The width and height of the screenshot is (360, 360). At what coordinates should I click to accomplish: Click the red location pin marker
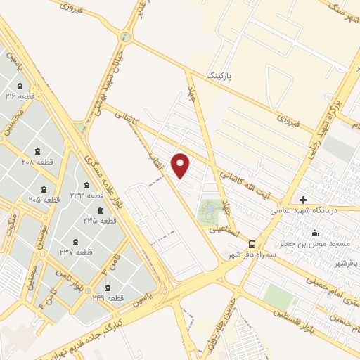[181, 165]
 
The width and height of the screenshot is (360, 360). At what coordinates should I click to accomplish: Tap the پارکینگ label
[218, 74]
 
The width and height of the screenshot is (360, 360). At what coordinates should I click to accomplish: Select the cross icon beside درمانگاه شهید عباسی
[303, 200]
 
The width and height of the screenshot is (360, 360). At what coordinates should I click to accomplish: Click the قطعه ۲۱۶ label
[20, 95]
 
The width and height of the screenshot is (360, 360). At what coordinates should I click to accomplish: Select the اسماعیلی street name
[223, 229]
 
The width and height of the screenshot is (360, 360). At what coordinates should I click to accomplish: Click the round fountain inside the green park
[209, 209]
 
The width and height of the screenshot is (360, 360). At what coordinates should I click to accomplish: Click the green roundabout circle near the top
[126, 37]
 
